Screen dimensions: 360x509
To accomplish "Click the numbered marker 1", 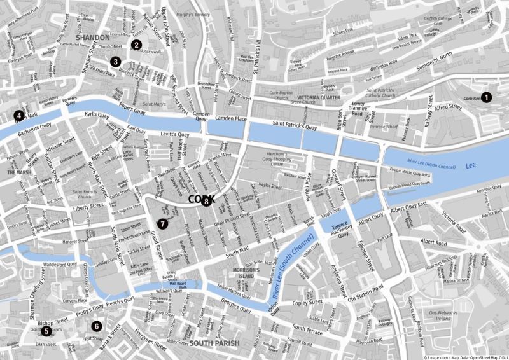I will [x=487, y=97].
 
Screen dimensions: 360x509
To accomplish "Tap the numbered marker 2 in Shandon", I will [x=136, y=45].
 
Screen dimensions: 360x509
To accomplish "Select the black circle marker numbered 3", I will [x=115, y=62].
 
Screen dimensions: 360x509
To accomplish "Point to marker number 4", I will [x=19, y=116].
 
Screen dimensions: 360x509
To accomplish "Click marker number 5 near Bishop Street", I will [x=46, y=331].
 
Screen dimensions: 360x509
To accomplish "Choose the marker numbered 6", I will [x=96, y=326].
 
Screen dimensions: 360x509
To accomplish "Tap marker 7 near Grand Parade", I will [x=162, y=223].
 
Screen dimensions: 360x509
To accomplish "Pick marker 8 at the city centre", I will [x=206, y=202].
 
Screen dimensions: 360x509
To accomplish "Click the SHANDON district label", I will [x=94, y=38].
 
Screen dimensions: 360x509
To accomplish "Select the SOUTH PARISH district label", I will [x=214, y=343].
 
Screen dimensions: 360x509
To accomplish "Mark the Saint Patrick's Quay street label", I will [x=295, y=128].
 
